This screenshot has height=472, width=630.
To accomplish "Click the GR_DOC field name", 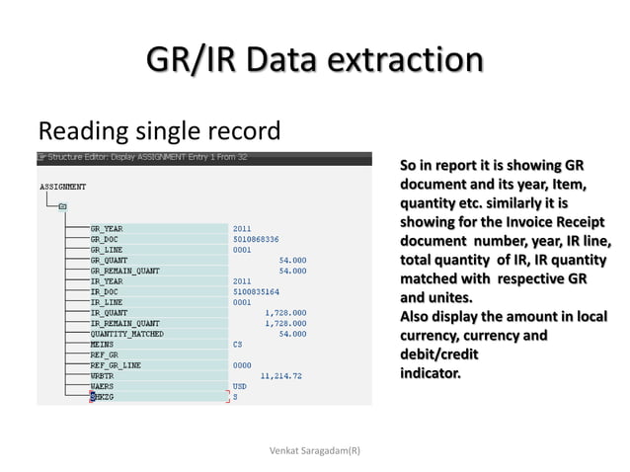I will point(105,238).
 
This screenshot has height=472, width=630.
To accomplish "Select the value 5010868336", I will point(256,238).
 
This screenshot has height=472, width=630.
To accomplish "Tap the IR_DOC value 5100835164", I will point(256,291).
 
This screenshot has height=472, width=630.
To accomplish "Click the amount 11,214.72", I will point(281,375).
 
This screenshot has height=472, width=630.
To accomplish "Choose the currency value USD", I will point(240,386).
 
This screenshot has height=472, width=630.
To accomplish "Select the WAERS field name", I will point(102,386).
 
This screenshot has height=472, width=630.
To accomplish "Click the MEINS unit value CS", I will point(237,344).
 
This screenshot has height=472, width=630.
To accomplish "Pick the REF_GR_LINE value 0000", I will point(242,364).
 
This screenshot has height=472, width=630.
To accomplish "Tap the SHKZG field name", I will point(102,397).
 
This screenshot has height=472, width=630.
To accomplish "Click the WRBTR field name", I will point(102,375).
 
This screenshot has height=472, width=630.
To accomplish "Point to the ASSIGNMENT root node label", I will point(62,186).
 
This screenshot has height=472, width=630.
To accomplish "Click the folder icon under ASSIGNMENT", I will point(62,206).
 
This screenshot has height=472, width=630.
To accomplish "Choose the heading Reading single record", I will point(159,129).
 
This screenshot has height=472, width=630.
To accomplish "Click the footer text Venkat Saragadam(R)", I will point(315,450).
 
